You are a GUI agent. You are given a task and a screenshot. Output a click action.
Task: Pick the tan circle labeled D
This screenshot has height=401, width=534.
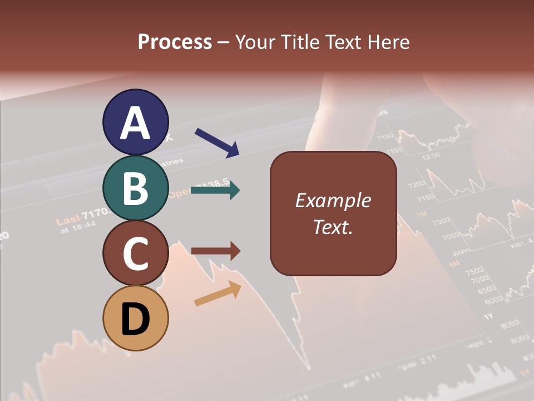click(135, 318)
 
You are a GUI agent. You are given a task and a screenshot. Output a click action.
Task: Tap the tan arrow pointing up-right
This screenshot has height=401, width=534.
click(217, 294)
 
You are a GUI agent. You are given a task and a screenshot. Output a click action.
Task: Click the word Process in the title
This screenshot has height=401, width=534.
click(175, 42)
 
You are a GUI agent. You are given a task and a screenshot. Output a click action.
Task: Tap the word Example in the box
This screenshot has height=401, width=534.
click(333, 200)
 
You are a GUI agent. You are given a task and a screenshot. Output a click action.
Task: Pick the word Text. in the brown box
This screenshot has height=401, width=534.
click(333, 227)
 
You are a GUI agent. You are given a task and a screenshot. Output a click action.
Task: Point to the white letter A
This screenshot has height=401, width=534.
click(135, 123)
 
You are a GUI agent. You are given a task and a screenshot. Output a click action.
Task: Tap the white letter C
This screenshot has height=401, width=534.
click(135, 254)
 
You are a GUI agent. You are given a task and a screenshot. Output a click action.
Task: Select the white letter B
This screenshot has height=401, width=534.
click(135, 188)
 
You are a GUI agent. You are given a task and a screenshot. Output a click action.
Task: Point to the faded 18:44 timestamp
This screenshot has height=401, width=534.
click(85, 224)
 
